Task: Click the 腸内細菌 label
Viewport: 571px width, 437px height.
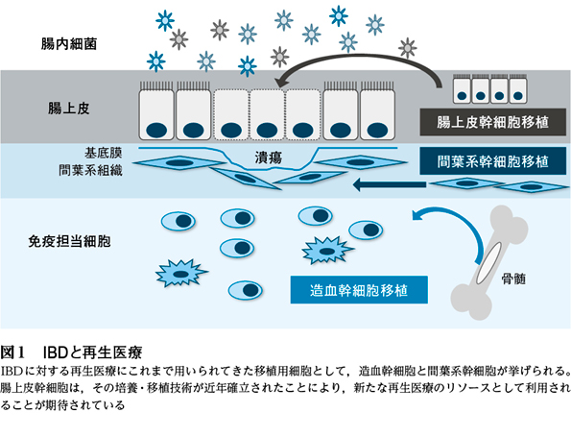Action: coord(69,44)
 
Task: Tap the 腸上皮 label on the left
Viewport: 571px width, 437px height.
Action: coord(69,109)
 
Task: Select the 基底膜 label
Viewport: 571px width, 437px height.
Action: coord(103,153)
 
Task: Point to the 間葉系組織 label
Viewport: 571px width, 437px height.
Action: coord(90,170)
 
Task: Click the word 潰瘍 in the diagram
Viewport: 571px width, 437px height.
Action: coord(269,158)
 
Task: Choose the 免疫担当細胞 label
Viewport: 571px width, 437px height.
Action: coord(69,241)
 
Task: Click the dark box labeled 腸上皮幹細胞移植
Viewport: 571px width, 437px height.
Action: coord(492,122)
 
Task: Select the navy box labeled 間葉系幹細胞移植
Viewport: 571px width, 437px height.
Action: coord(492,160)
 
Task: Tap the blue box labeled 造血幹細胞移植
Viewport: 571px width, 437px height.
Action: coord(359,290)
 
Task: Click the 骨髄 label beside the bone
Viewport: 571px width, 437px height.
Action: coord(513,279)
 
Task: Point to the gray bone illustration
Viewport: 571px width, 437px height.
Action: coord(489,262)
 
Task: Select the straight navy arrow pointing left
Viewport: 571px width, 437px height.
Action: coord(390,184)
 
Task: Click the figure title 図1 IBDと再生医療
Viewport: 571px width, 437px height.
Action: coord(71,352)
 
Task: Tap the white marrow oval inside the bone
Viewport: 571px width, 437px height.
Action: coord(488,263)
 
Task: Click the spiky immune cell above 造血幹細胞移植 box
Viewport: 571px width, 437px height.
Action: coord(327,251)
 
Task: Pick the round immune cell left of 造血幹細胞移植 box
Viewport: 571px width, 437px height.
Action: coord(246,290)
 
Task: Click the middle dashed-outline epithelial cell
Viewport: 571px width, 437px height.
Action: coord(267,115)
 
